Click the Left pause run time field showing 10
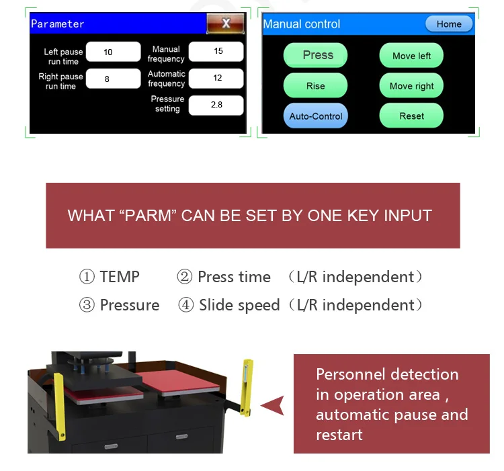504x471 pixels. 109,52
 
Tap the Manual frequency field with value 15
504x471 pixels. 216,51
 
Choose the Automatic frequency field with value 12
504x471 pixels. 216,78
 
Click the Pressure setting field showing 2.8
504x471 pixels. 216,105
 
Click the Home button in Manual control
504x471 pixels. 449,24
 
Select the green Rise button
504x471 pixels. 315,86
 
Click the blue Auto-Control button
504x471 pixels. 315,116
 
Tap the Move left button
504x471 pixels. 411,56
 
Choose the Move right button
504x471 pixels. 411,86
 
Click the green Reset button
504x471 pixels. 411,116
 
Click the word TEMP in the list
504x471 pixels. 120,277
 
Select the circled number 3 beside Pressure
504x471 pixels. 87,306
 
